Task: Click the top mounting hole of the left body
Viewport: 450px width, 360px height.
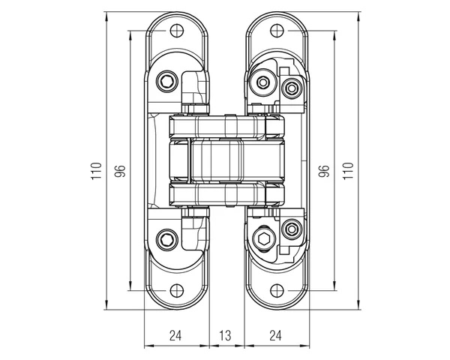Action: point(178,31)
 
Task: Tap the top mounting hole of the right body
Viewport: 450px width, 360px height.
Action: point(271,31)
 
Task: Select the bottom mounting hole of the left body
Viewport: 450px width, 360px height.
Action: point(178,291)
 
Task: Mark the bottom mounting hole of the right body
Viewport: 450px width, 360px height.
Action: point(271,291)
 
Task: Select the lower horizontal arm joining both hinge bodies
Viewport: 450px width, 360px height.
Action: point(225,196)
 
